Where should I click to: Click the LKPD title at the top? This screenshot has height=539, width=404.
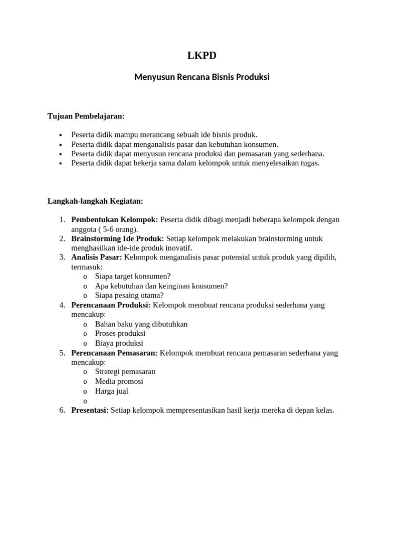pyautogui.click(x=202, y=56)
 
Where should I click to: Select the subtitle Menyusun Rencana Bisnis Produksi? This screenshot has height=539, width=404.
pyautogui.click(x=202, y=77)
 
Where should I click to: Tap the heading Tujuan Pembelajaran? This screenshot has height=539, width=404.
pyautogui.click(x=86, y=116)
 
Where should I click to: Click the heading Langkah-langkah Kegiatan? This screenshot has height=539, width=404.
pyautogui.click(x=95, y=201)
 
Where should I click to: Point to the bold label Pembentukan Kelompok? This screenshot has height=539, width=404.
pyautogui.click(x=114, y=219)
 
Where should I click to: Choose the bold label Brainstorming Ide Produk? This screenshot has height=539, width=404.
pyautogui.click(x=117, y=238)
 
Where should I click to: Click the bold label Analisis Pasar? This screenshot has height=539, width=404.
pyautogui.click(x=96, y=257)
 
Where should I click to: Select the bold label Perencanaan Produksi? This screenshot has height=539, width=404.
pyautogui.click(x=110, y=305)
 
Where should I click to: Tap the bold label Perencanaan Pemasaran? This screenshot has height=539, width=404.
pyautogui.click(x=114, y=353)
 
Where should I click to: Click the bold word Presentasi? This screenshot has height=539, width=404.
pyautogui.click(x=89, y=410)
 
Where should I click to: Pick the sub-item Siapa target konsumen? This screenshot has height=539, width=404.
pyautogui.click(x=133, y=276)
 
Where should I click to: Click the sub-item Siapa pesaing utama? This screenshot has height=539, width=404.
pyautogui.click(x=129, y=295)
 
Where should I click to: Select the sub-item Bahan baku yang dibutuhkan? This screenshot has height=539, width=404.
pyautogui.click(x=141, y=324)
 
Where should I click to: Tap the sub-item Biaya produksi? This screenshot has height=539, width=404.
pyautogui.click(x=119, y=343)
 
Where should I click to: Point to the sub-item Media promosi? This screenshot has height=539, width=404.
pyautogui.click(x=119, y=381)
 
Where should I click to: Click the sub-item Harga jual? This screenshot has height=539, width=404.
pyautogui.click(x=112, y=391)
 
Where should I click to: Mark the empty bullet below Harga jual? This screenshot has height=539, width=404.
pyautogui.click(x=85, y=401)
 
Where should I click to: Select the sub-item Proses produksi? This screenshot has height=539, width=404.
pyautogui.click(x=120, y=334)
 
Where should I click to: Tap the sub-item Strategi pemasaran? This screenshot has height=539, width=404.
pyautogui.click(x=125, y=372)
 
